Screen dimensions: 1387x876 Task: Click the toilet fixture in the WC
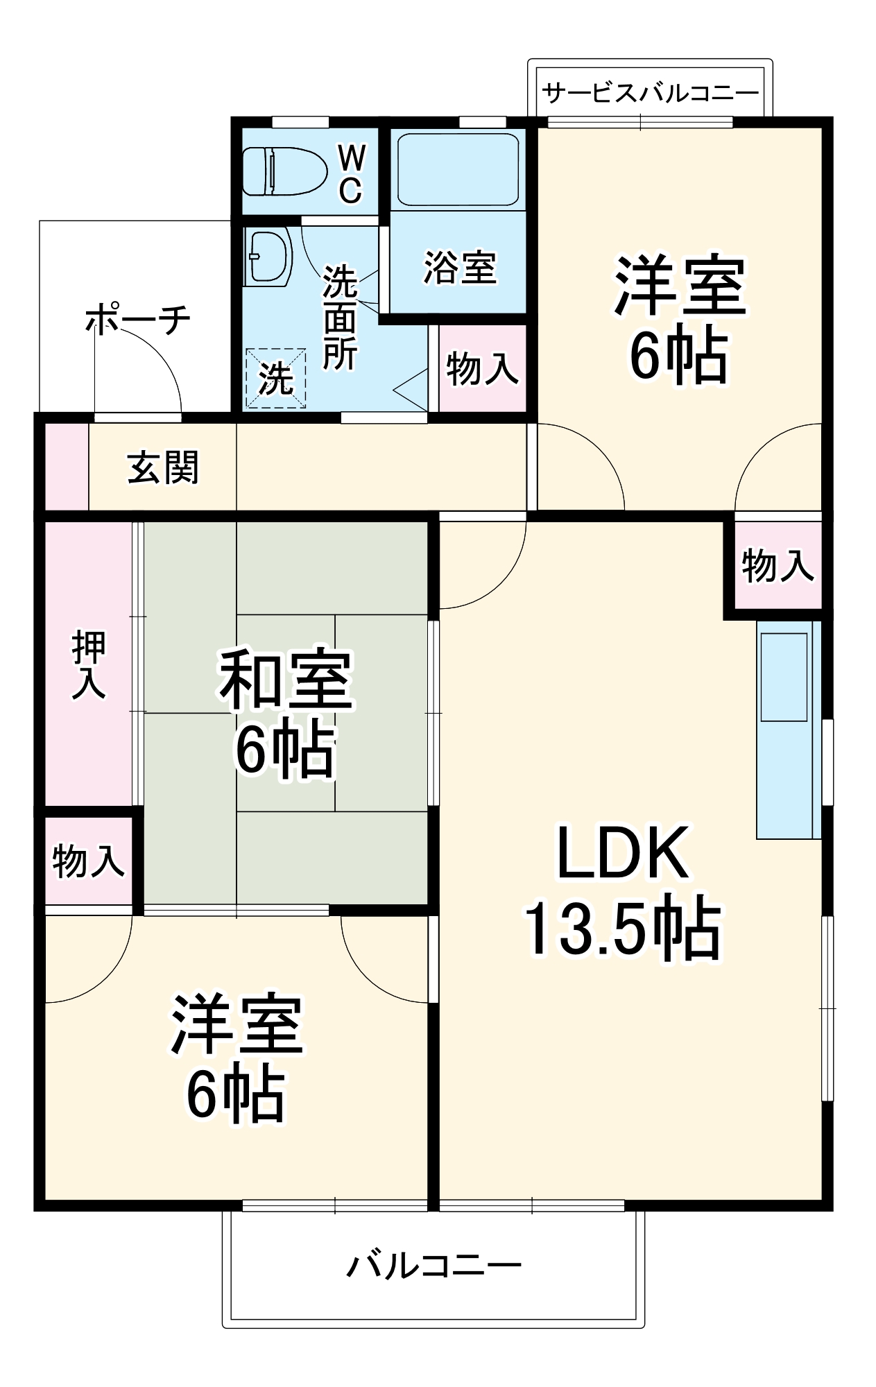[x=284, y=171]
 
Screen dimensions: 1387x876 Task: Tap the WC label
[x=351, y=174]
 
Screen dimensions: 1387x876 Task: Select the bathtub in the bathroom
[x=458, y=169]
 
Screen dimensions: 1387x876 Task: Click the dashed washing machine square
[x=275, y=378]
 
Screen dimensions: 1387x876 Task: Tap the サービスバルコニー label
[x=650, y=92]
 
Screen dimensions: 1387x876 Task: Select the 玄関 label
[x=163, y=467]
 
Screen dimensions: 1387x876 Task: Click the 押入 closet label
[x=89, y=664]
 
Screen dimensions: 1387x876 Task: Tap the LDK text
[x=622, y=853]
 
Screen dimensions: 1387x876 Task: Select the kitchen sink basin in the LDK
[x=784, y=677]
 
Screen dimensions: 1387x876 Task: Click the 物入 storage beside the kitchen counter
[x=777, y=565]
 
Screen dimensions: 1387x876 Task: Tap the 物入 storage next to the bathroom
[x=482, y=368]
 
